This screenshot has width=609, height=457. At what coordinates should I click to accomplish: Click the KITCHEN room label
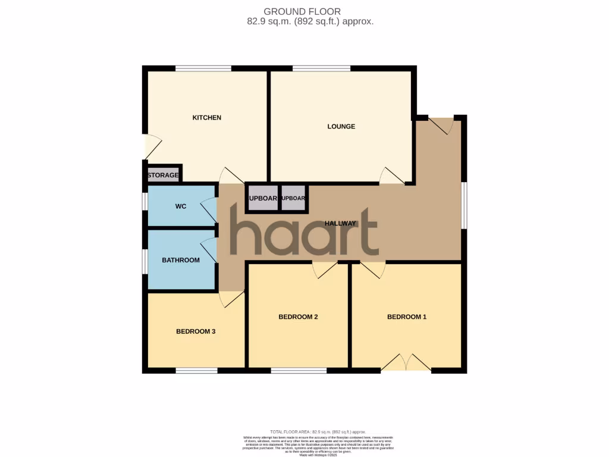tap(206, 118)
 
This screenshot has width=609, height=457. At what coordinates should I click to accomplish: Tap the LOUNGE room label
tap(341, 127)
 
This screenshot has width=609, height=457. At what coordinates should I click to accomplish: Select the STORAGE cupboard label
tap(163, 176)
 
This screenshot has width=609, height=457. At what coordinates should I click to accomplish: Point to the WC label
tap(181, 206)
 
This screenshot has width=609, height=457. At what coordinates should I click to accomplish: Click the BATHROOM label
tap(181, 260)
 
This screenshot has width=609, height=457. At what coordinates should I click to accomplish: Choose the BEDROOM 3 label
tap(196, 331)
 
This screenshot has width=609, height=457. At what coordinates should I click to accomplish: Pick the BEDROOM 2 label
tap(298, 317)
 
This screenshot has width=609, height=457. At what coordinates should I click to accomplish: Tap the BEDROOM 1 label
tap(407, 317)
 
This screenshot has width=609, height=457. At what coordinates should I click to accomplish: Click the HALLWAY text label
tap(340, 224)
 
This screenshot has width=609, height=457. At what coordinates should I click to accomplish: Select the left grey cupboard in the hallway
tap(262, 199)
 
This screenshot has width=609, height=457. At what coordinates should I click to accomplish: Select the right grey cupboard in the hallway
tap(293, 199)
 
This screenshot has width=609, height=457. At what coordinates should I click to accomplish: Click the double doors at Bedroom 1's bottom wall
tap(406, 363)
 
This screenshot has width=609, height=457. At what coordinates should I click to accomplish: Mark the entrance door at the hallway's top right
tap(442, 124)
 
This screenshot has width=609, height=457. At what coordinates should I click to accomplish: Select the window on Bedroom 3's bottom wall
tap(196, 371)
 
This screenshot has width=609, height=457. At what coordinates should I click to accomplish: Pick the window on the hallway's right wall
tap(464, 205)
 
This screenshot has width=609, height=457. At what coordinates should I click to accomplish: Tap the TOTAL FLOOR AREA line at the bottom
tap(318, 431)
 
